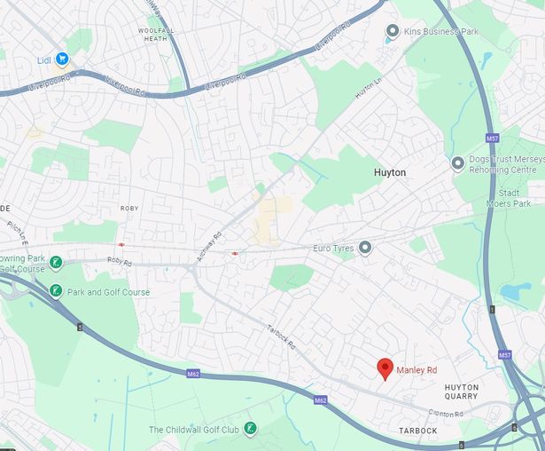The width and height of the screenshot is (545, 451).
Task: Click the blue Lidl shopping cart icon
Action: point(62,59)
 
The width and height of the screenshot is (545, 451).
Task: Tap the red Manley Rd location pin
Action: point(385,368)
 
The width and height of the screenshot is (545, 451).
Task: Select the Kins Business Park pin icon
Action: point(392,31)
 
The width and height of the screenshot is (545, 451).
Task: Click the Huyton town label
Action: point(391,172)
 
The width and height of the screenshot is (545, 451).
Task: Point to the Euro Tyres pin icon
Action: point(364,247)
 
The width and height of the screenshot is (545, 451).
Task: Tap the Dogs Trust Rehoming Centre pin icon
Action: point(457,163)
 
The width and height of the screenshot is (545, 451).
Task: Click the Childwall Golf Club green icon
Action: point(251,430)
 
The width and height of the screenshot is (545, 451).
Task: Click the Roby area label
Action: point(129,209)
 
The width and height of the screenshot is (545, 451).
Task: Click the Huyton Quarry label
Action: point(461,392)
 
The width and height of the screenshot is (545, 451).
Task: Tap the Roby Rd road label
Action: point(119,262)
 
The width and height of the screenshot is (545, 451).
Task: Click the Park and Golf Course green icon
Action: point(55,291)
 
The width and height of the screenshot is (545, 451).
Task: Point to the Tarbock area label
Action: point(417,431)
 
